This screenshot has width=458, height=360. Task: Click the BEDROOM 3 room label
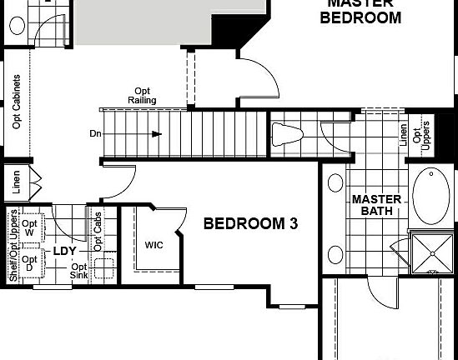(x=251, y=223)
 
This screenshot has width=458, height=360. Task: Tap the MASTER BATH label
(x=376, y=205)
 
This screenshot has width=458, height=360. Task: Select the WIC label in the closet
(x=154, y=245)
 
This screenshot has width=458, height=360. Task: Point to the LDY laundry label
(x=65, y=251)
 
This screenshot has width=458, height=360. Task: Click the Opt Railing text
(x=143, y=96)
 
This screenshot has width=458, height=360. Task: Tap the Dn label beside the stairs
(x=95, y=133)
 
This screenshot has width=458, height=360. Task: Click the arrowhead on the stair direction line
(x=157, y=133)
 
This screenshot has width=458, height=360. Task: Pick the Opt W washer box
(x=30, y=228)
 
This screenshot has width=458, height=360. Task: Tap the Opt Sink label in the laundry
(x=80, y=272)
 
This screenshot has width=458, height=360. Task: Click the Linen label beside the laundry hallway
(x=16, y=181)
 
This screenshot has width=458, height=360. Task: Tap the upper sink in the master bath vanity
(x=335, y=182)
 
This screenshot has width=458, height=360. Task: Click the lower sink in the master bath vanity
(x=335, y=255)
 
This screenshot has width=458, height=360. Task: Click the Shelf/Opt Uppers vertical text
(x=13, y=247)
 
